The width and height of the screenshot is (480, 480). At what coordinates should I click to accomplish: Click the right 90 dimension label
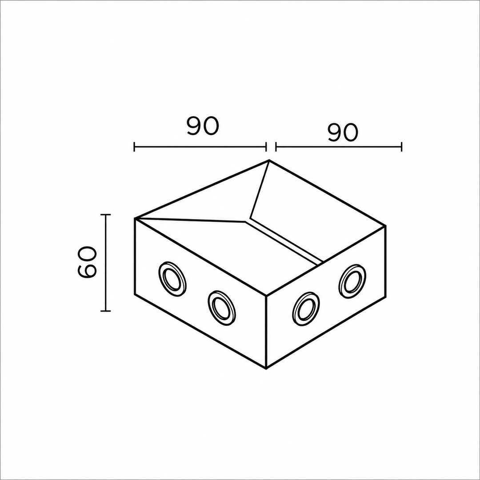click(343, 132)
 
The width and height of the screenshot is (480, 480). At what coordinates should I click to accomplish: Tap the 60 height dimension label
click(87, 262)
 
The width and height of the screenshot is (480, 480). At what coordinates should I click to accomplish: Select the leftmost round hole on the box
click(172, 279)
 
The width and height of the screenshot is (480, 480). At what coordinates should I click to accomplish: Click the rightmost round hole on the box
click(352, 280)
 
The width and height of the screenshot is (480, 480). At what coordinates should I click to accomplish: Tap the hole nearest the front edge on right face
click(306, 309)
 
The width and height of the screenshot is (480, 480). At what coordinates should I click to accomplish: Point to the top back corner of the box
click(269, 160)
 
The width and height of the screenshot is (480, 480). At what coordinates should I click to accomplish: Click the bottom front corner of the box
click(267, 368)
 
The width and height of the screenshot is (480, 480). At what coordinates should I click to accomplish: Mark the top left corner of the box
click(135, 218)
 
